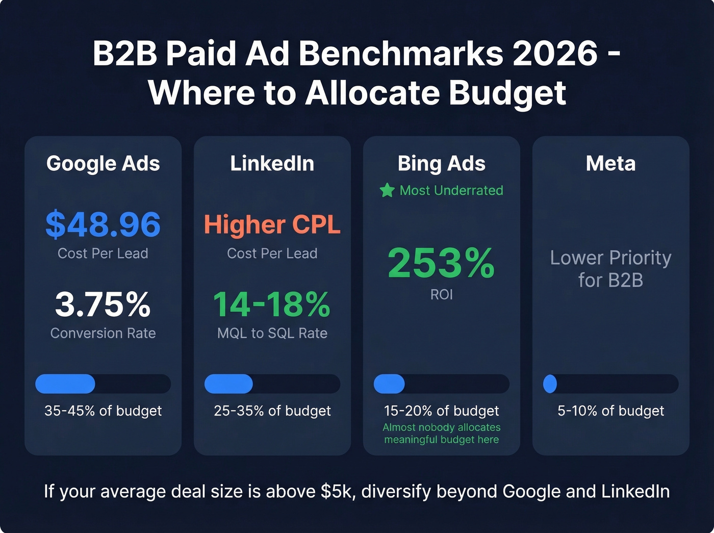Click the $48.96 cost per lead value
click(103, 225)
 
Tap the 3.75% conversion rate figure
click(103, 304)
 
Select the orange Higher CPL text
click(272, 225)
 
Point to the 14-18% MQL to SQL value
click(272, 304)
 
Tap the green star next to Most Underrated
click(387, 191)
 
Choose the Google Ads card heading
click(103, 164)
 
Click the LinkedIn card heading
click(272, 164)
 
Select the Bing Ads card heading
click(441, 164)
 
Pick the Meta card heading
click(610, 164)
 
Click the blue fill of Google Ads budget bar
click(65, 384)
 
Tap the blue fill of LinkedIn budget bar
click(228, 384)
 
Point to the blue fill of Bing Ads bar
click(389, 384)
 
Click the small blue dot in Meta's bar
click(550, 384)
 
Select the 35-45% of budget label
click(103, 411)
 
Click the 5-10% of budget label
click(610, 411)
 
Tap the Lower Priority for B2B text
click(610, 269)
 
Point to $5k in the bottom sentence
click(337, 491)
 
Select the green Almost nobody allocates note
click(441, 433)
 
